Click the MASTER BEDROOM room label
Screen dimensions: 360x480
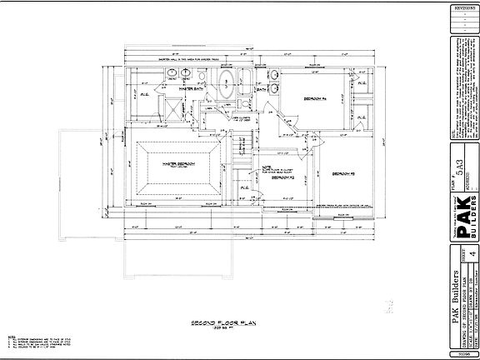[178, 164]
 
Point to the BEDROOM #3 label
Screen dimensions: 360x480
[342, 173]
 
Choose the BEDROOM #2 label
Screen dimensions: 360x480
[284, 178]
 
